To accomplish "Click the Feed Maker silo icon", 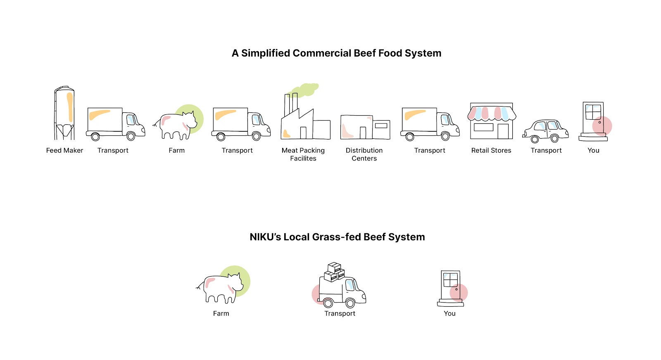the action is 64,113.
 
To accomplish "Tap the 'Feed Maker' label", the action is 64,151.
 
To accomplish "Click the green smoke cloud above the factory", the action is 306,89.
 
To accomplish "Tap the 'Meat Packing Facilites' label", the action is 303,154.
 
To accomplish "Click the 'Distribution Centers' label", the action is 364,154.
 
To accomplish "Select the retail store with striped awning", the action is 492,121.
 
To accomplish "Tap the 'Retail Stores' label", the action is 491,151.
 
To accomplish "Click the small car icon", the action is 545,131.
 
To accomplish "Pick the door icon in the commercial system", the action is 594,121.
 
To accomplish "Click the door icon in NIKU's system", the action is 450,288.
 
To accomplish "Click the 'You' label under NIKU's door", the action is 449,314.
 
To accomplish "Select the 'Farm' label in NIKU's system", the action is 221,314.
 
